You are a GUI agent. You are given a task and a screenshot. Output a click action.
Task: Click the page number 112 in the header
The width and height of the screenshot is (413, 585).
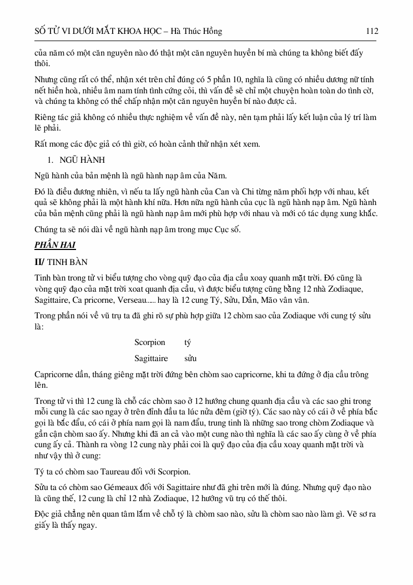coord(371,32)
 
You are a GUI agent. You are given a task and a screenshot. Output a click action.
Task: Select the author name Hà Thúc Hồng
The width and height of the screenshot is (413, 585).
coord(198,32)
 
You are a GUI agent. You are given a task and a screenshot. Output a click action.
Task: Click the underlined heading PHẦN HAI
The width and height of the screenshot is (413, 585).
coord(55,244)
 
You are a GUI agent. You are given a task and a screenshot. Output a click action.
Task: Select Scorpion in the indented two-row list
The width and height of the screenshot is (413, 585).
coord(149,342)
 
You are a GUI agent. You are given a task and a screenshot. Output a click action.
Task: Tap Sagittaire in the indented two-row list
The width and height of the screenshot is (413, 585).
coord(151,358)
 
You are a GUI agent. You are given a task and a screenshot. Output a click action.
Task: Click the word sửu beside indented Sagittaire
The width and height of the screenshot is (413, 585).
coord(190,358)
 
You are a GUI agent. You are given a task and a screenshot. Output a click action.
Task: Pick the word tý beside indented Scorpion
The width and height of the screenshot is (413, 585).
coord(188,342)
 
